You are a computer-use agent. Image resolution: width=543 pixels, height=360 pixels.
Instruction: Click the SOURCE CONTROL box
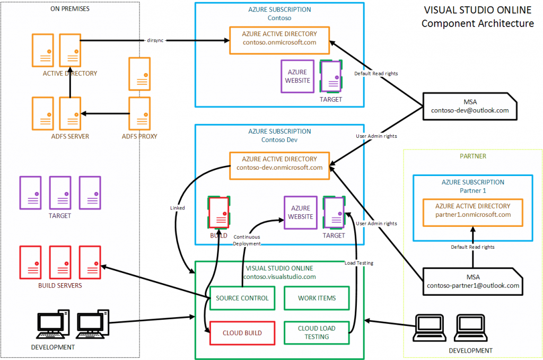click(242, 298)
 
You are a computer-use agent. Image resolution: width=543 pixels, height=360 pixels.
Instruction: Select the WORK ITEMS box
click(317, 298)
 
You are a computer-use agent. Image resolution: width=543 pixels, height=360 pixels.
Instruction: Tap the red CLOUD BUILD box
click(242, 333)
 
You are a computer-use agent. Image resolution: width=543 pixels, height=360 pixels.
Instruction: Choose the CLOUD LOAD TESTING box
click(317, 332)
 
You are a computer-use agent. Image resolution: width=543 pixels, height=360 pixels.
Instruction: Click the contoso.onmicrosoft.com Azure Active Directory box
click(279, 39)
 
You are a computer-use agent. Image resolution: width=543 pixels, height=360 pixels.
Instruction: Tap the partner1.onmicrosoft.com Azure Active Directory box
click(472, 210)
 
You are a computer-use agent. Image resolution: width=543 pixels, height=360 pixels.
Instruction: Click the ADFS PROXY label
click(139, 136)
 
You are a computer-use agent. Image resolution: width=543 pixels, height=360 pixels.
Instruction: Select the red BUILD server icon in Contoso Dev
click(218, 212)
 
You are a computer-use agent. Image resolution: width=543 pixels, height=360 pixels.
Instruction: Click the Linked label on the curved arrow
click(178, 208)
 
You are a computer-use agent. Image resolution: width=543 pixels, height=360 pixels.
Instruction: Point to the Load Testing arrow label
click(359, 262)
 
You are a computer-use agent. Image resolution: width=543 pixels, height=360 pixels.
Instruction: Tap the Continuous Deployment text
click(247, 240)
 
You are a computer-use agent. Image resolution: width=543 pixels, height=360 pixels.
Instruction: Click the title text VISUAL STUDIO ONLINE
click(477, 10)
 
